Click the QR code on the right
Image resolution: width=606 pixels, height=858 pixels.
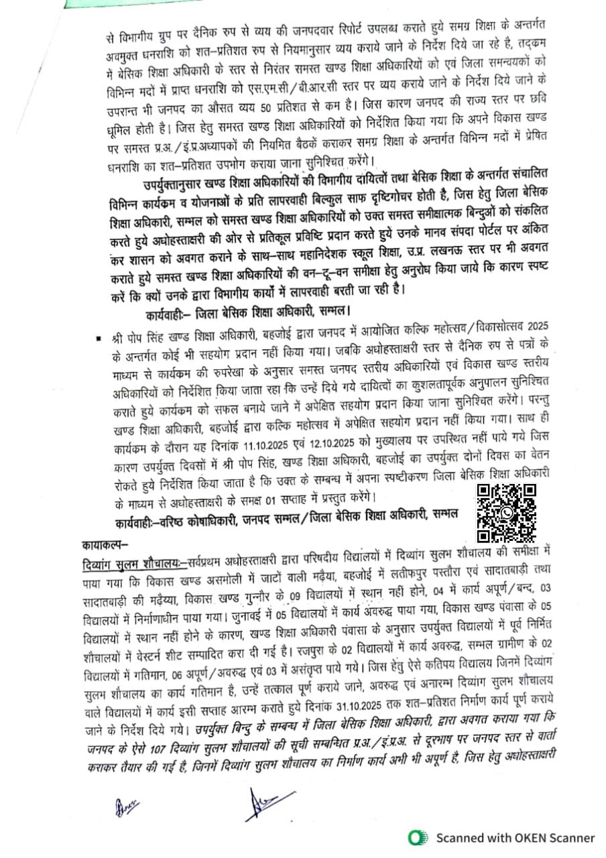click(507, 512)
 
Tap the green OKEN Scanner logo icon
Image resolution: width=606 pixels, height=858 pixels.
click(419, 837)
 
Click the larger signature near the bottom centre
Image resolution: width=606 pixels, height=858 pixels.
click(262, 803)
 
